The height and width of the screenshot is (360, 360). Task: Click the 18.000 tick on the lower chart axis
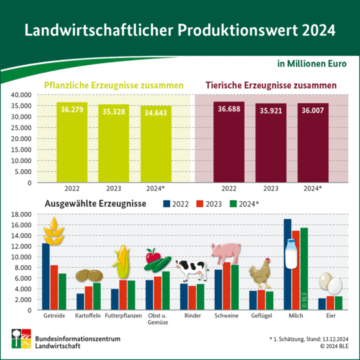(21, 214)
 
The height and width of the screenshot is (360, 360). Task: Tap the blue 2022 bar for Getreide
(46, 277)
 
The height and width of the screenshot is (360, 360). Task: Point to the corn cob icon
(121, 263)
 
